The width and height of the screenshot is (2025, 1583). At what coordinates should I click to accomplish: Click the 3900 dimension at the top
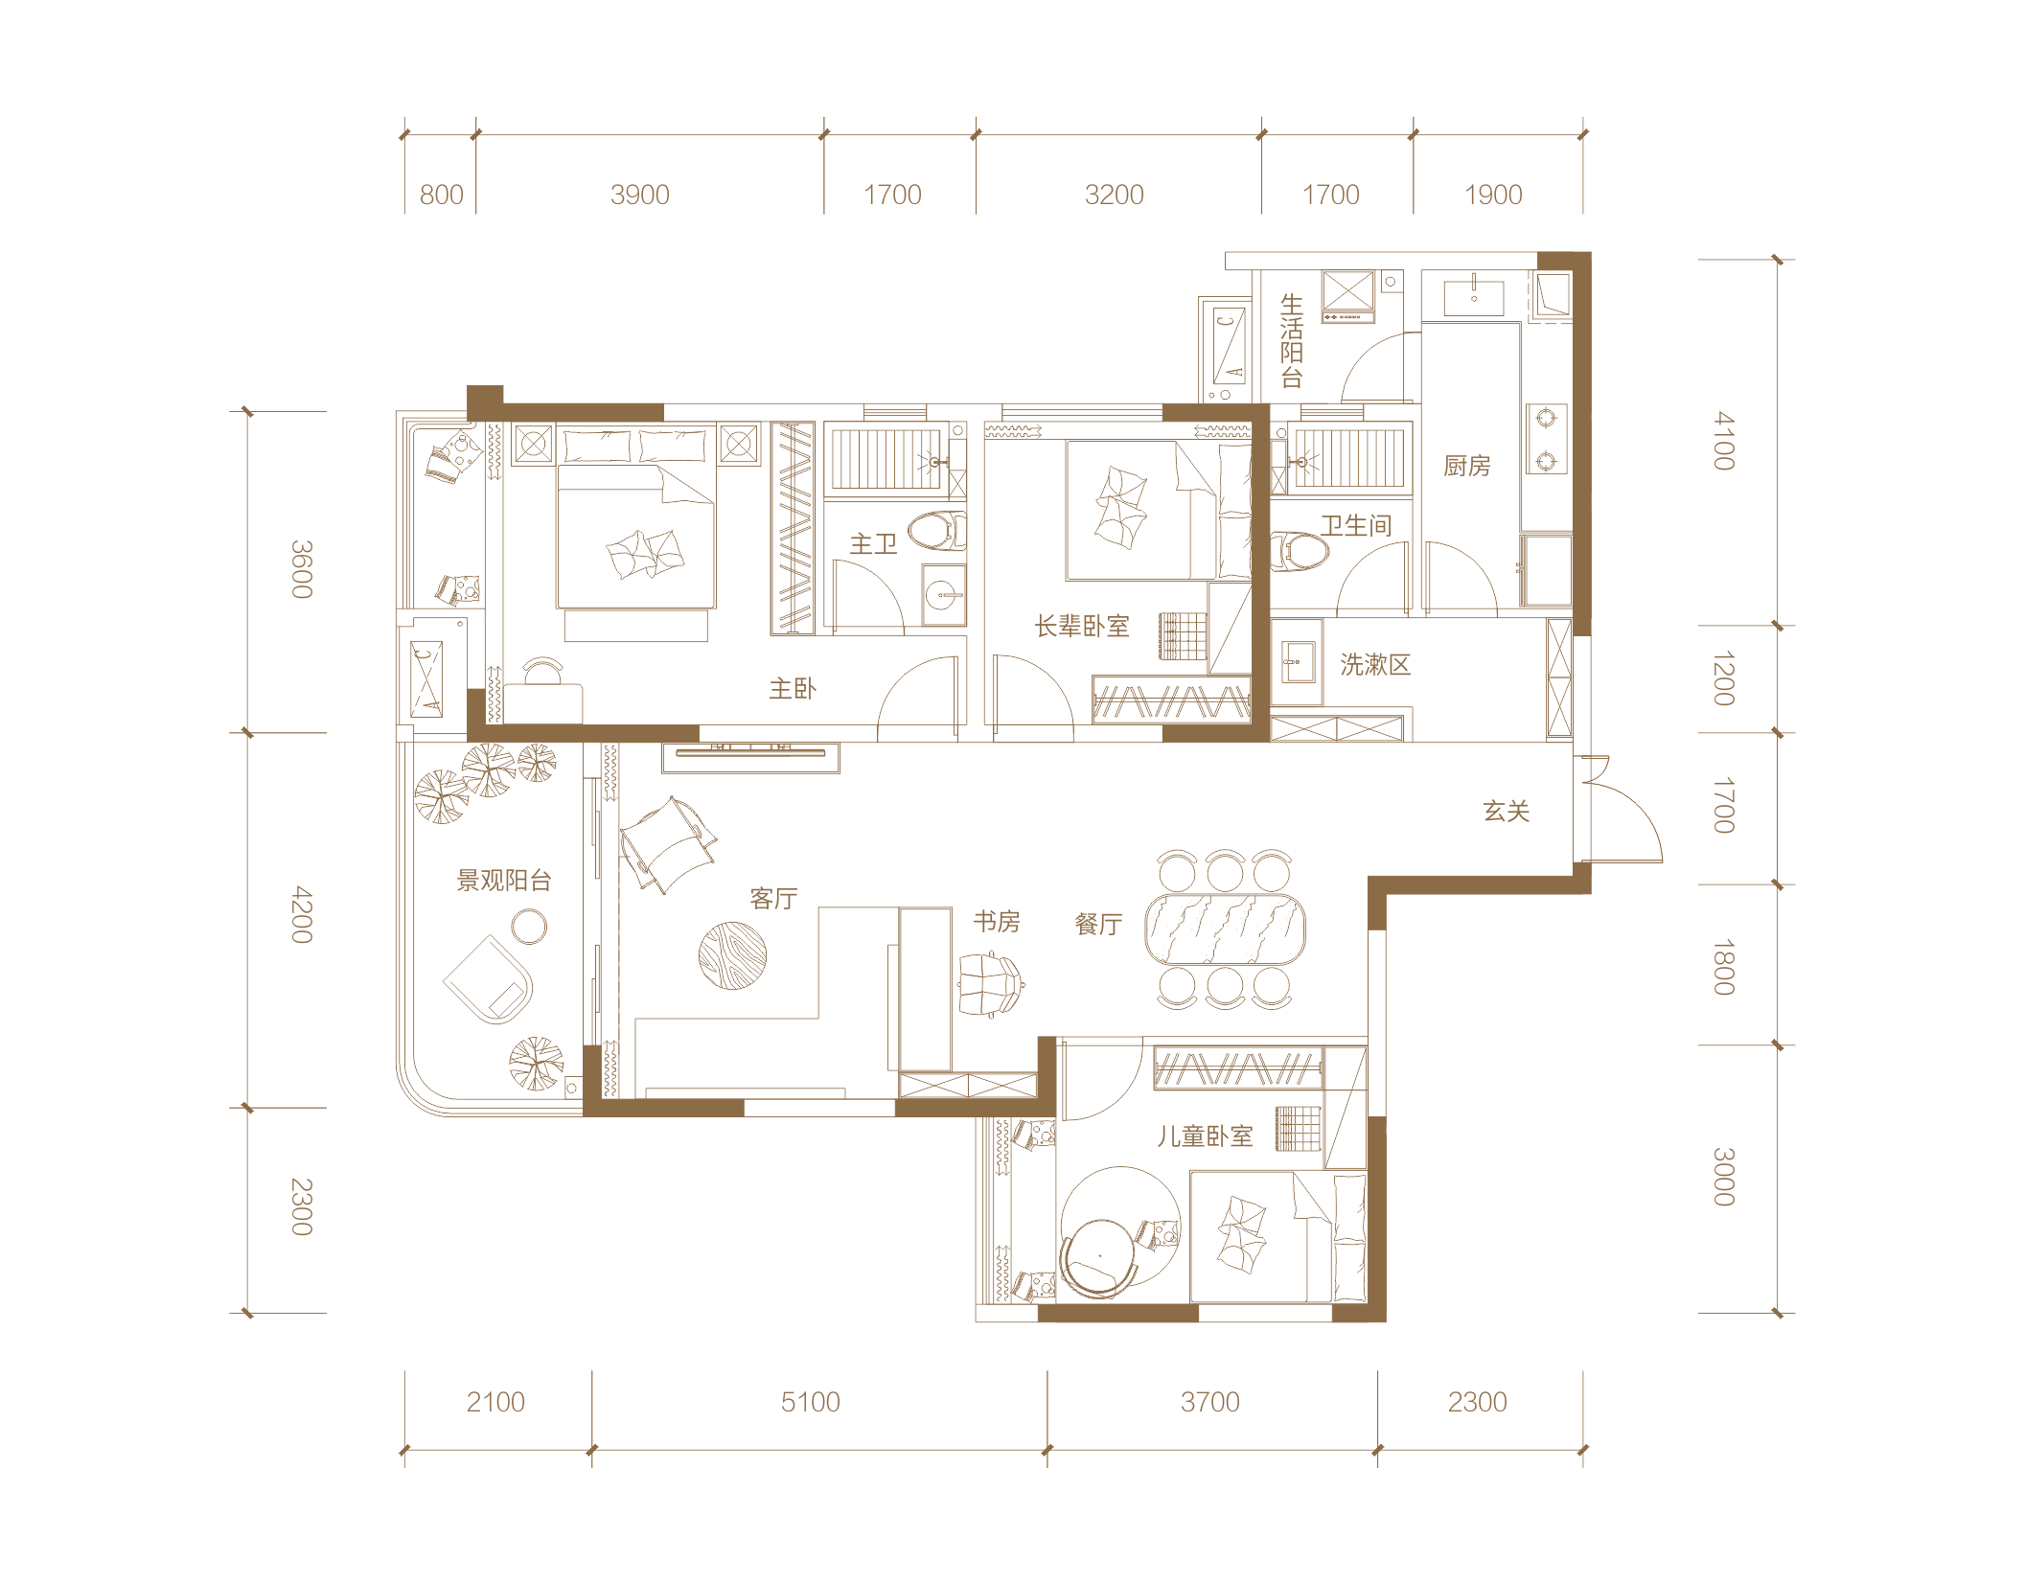point(639,195)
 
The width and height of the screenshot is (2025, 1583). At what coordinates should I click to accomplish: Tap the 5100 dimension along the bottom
point(810,1402)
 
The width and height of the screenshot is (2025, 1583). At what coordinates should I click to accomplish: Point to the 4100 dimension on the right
point(1724,441)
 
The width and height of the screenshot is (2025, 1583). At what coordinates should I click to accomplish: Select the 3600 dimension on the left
point(302,569)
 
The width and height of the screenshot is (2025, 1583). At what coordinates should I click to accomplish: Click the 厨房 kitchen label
point(1467,466)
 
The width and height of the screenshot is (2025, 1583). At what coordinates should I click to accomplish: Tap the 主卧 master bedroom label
point(793,688)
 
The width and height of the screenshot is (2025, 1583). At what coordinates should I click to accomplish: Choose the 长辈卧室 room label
point(1082,626)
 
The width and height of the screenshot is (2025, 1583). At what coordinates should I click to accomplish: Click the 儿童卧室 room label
point(1205,1136)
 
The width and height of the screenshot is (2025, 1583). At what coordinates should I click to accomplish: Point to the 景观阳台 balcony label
point(504,880)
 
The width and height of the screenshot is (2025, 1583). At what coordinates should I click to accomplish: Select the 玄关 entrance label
point(1507,812)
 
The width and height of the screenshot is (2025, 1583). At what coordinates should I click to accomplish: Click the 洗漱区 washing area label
point(1375,664)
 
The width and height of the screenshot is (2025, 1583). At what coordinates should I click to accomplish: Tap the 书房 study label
point(997,921)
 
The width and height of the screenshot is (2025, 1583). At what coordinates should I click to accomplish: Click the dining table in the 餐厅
point(1225,929)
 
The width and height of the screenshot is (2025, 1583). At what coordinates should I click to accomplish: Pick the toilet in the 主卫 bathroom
point(936,531)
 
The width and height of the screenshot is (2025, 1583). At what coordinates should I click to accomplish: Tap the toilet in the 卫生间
point(1300,552)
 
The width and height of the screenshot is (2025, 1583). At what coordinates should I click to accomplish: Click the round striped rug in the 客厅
point(732,955)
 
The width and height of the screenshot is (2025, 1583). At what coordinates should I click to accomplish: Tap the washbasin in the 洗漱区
point(1299,660)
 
